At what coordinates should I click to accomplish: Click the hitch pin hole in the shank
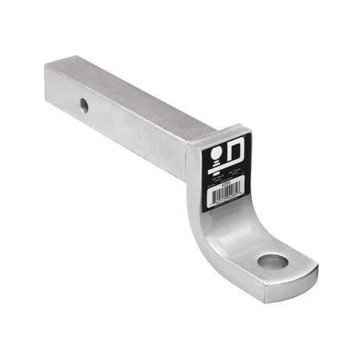point(84,105)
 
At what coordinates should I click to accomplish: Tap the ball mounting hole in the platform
point(273,261)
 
